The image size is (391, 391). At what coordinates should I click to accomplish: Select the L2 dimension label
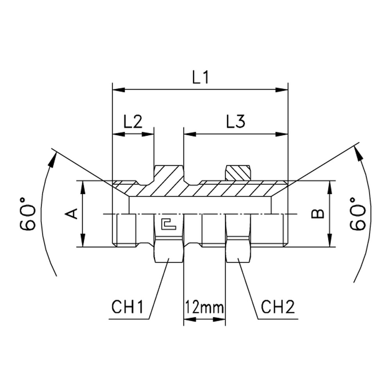point(133,122)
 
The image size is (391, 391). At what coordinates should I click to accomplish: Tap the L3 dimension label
point(236,122)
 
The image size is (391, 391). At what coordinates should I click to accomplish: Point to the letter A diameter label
point(72,214)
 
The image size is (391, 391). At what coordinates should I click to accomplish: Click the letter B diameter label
point(318,214)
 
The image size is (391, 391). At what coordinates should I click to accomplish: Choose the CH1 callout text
point(127,307)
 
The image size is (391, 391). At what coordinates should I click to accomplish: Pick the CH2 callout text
point(278,307)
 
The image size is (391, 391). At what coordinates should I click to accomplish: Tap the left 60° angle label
point(27,214)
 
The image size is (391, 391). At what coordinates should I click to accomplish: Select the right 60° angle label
point(357,214)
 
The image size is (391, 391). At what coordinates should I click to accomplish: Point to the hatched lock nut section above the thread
point(238,172)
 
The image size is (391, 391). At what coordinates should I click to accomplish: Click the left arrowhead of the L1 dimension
point(119,90)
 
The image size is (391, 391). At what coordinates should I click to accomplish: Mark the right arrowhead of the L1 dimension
point(282,90)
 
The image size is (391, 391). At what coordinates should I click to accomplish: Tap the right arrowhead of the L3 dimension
point(282,134)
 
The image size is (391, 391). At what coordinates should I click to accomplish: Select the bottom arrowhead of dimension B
point(330,240)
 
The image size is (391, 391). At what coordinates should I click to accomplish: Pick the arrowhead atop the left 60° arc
point(53,160)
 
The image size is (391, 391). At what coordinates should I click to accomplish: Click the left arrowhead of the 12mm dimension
point(190,319)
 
